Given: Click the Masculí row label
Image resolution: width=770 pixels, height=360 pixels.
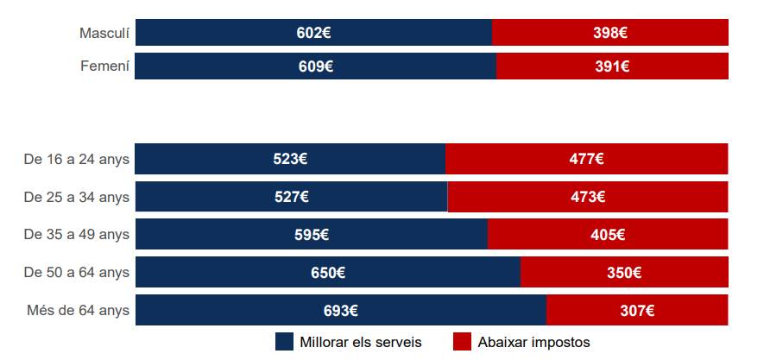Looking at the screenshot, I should (x=104, y=33).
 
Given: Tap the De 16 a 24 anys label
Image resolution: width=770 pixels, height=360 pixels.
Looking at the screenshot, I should (x=76, y=159).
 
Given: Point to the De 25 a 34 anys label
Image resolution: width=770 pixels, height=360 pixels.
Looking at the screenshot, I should (x=76, y=197).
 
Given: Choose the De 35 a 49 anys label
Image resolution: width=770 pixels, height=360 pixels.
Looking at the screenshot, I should (x=76, y=234).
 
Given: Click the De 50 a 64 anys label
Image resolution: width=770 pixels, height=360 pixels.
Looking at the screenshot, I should (x=76, y=272).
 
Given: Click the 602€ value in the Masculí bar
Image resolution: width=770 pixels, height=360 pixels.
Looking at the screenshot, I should (x=314, y=33).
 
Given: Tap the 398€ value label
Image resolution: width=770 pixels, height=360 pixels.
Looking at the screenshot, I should (x=610, y=33).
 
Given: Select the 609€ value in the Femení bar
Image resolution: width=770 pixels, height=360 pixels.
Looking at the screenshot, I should (x=316, y=66).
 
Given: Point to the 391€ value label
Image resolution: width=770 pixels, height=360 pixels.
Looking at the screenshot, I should (x=612, y=66).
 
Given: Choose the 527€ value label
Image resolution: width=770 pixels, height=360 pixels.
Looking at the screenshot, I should (x=292, y=197).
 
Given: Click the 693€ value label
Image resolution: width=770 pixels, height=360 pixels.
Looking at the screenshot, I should (x=341, y=311).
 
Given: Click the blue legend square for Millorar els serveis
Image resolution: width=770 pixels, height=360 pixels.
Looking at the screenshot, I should (x=284, y=342).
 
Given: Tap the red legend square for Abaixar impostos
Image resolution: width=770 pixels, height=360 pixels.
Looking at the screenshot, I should (x=462, y=342).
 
